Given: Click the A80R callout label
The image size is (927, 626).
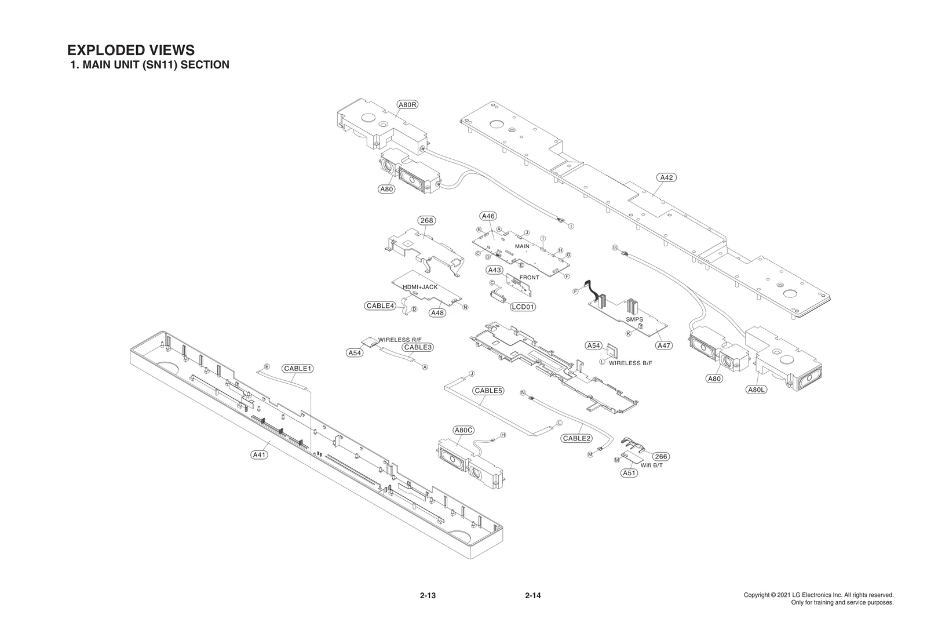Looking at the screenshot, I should pyautogui.click(x=407, y=105).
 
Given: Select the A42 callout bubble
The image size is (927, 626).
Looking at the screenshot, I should pyautogui.click(x=667, y=177).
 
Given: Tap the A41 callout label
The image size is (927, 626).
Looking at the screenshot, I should pyautogui.click(x=259, y=455).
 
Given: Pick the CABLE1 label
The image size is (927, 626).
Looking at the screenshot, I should pyautogui.click(x=298, y=369).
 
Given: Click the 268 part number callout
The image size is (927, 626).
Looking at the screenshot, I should pyautogui.click(x=426, y=220).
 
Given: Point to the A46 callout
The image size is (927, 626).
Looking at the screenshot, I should pyautogui.click(x=488, y=216).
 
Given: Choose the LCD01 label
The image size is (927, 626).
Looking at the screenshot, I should pyautogui.click(x=523, y=307).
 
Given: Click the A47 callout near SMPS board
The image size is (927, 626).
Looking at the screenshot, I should pyautogui.click(x=664, y=345).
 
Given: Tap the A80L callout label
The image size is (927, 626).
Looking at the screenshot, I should pyautogui.click(x=756, y=390).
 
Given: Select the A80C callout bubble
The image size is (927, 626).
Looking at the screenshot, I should pyautogui.click(x=463, y=430).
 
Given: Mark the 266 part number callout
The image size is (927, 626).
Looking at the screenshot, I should pyautogui.click(x=661, y=457).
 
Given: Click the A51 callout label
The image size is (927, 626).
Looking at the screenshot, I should pyautogui.click(x=629, y=473).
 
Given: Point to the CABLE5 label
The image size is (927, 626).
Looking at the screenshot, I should pyautogui.click(x=488, y=391).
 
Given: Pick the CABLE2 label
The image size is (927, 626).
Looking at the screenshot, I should pyautogui.click(x=576, y=438).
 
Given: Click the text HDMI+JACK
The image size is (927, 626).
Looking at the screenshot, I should pyautogui.click(x=420, y=287).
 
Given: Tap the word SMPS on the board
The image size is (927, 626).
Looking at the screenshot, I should pyautogui.click(x=634, y=319).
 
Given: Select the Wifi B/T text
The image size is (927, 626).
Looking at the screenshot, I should pyautogui.click(x=652, y=465).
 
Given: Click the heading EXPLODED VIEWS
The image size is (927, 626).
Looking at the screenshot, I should pyautogui.click(x=131, y=50).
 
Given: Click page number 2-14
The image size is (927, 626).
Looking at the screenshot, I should pyautogui.click(x=532, y=595).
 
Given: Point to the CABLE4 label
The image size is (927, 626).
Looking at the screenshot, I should pyautogui.click(x=380, y=305).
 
